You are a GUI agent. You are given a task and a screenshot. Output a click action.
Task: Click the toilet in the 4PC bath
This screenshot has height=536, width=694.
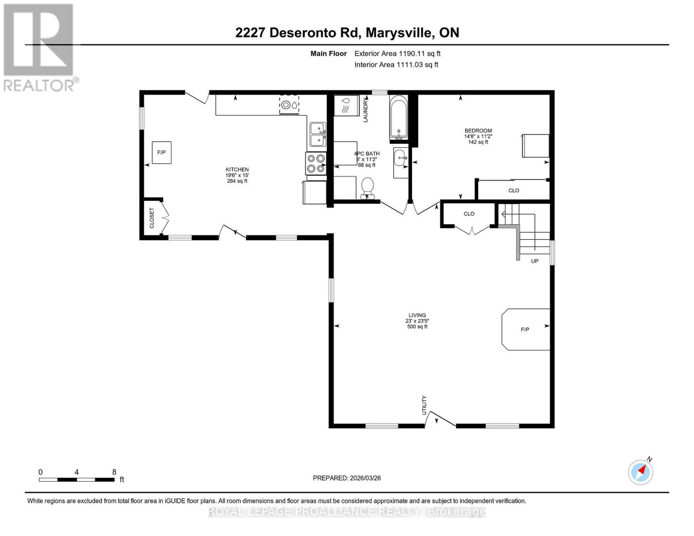[x=367, y=187]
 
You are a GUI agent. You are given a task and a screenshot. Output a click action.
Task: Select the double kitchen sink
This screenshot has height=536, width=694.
[x=318, y=134]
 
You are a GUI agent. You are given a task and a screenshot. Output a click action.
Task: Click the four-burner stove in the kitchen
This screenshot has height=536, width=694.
[x=315, y=163]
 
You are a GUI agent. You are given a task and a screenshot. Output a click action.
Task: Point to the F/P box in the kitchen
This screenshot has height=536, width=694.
[x=161, y=152]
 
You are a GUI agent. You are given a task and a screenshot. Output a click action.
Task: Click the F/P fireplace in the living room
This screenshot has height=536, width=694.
[x=526, y=329]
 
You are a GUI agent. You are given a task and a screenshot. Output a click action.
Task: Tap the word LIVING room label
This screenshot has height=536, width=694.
[x=417, y=315]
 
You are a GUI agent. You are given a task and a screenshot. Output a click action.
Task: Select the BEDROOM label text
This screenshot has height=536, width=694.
[x=478, y=131]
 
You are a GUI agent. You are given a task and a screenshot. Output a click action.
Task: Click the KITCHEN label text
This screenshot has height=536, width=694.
[x=237, y=169]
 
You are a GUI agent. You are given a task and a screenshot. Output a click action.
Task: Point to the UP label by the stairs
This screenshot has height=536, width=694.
[x=534, y=261]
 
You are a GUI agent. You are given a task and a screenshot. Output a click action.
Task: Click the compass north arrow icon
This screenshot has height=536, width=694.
[x=641, y=472]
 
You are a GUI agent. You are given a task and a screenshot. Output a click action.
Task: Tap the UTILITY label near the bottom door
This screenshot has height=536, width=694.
[x=425, y=405]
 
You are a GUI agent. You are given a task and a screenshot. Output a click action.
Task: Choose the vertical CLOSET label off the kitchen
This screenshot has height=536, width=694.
[x=151, y=218]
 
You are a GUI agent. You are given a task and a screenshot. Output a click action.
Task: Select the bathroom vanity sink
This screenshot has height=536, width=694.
[x=401, y=157]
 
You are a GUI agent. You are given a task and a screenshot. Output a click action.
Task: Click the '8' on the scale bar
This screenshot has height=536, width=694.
[x=114, y=472]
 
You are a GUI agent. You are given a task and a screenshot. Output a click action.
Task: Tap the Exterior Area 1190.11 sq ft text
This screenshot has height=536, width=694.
[x=397, y=54]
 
